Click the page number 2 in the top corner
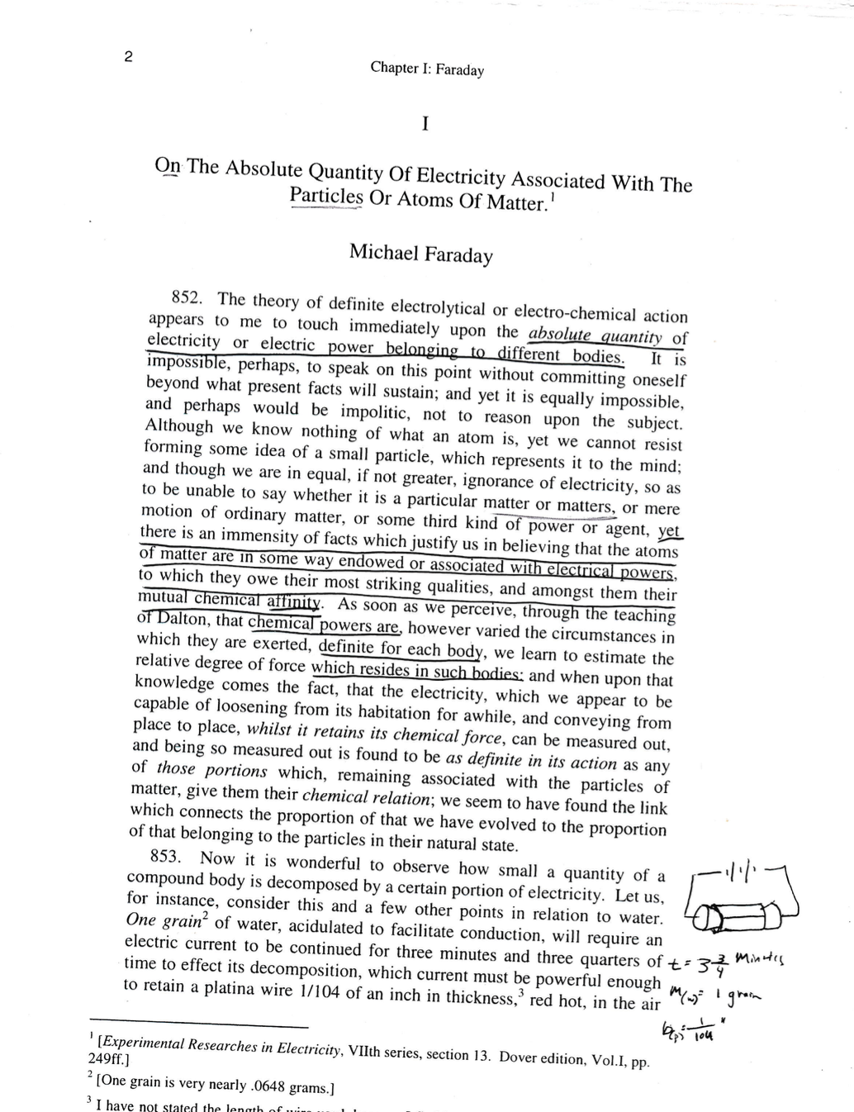click(x=128, y=57)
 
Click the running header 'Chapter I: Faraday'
click(x=427, y=69)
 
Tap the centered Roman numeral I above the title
click(x=425, y=124)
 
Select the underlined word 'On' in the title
click(x=168, y=165)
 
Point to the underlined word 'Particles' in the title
click(x=326, y=196)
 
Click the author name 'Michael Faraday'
click(x=420, y=253)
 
